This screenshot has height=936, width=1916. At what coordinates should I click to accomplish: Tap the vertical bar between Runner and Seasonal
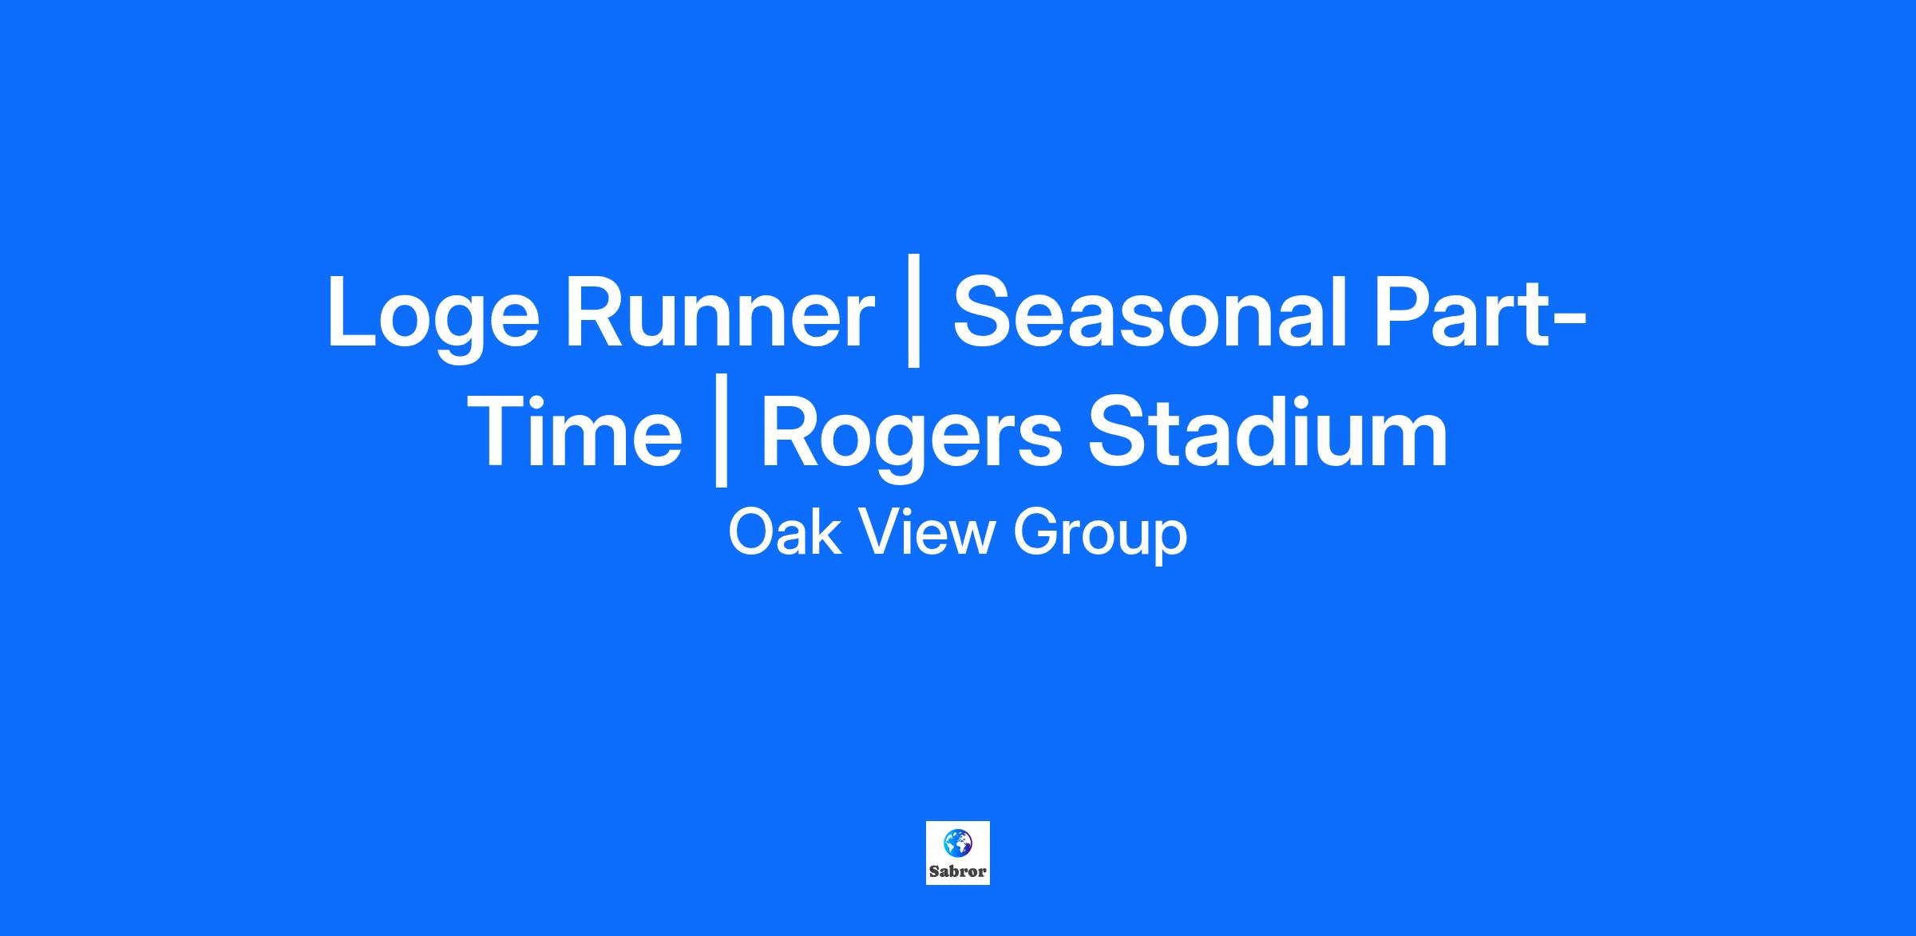(x=915, y=310)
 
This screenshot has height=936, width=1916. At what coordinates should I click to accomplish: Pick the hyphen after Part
(x=1567, y=322)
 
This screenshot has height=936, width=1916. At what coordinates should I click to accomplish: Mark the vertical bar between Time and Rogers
(x=722, y=430)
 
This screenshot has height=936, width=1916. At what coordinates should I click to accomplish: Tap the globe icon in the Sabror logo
(x=957, y=842)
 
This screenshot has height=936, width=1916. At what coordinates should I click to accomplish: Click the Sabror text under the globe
(x=958, y=871)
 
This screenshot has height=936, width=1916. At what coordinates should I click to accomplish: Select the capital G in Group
(x=1037, y=532)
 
